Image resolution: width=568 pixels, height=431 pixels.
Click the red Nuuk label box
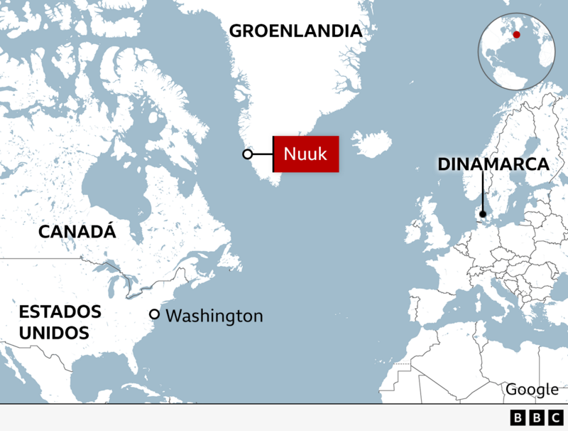pyautogui.click(x=306, y=154)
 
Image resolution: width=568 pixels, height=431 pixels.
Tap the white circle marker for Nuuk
pyautogui.click(x=247, y=154)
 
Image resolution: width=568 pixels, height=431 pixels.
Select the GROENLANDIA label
pyautogui.click(x=295, y=31)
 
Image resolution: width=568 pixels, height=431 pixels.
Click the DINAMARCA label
pyautogui.click(x=493, y=164)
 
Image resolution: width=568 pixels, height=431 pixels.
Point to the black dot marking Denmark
pyautogui.click(x=483, y=214)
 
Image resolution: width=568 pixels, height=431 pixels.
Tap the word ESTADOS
pyautogui.click(x=60, y=312)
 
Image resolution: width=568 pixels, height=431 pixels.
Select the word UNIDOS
pyautogui.click(x=53, y=332)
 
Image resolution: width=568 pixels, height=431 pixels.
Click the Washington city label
pyautogui.click(x=214, y=316)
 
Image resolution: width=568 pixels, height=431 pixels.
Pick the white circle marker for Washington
pyautogui.click(x=154, y=314)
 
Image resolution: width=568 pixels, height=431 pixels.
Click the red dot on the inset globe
pyautogui.click(x=517, y=33)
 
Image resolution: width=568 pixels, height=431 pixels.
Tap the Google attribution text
pyautogui.click(x=532, y=389)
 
